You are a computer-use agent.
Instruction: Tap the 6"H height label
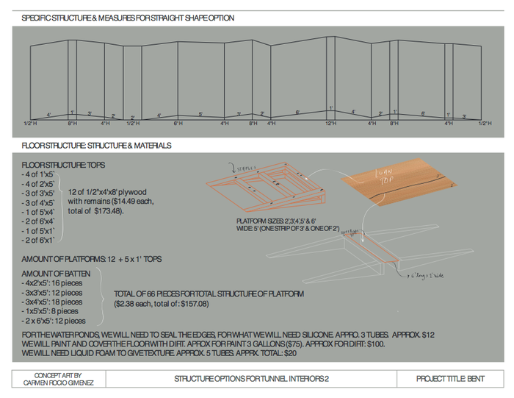point(178,124)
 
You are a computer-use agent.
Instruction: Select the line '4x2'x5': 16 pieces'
point(52,283)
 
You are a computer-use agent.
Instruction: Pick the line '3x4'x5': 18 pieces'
point(52,302)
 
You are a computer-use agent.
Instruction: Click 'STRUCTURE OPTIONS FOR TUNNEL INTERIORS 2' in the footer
point(250,379)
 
